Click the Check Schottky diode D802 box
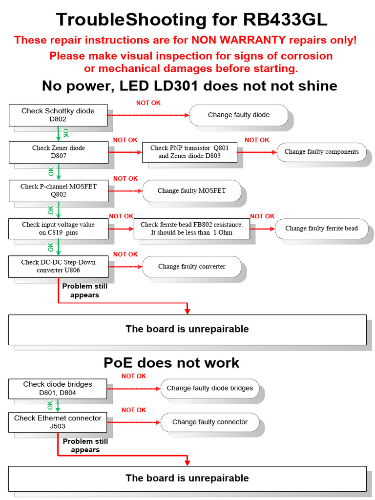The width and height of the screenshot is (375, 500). (x=58, y=115)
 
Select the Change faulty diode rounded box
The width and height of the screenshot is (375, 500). (x=238, y=115)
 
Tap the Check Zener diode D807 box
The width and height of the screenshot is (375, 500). (x=59, y=152)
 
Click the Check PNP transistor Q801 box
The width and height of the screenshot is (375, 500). (x=189, y=152)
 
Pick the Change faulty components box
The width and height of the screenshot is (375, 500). (x=321, y=152)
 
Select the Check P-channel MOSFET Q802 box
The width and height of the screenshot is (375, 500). (x=59, y=190)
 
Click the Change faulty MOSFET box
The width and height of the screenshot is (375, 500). (x=191, y=190)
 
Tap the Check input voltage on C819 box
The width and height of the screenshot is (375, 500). (x=59, y=229)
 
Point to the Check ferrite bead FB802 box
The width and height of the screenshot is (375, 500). (x=191, y=229)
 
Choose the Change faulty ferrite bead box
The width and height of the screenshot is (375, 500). (x=321, y=229)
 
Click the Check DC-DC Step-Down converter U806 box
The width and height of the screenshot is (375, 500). (x=59, y=266)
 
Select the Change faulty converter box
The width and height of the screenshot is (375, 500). (x=191, y=267)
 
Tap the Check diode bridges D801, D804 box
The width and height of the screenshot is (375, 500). (x=58, y=388)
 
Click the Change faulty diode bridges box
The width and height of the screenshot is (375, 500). (x=210, y=388)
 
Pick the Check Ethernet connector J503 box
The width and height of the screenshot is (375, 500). (x=58, y=422)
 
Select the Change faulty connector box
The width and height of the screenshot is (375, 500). (x=210, y=422)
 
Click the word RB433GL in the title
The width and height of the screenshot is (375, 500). (x=285, y=20)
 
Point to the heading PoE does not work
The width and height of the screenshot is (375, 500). (x=171, y=363)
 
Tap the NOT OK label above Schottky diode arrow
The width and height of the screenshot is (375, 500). (x=148, y=103)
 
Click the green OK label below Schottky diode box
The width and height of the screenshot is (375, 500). (x=66, y=133)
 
